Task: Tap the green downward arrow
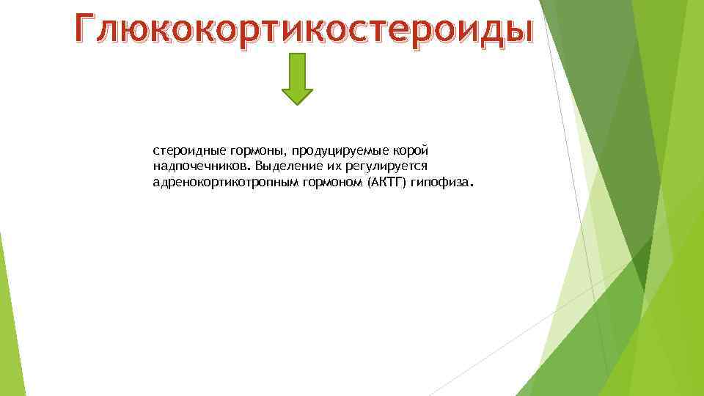click(x=297, y=77)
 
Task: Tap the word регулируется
click(x=396, y=166)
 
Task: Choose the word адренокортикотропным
click(x=213, y=182)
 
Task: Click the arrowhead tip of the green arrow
click(x=297, y=103)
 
